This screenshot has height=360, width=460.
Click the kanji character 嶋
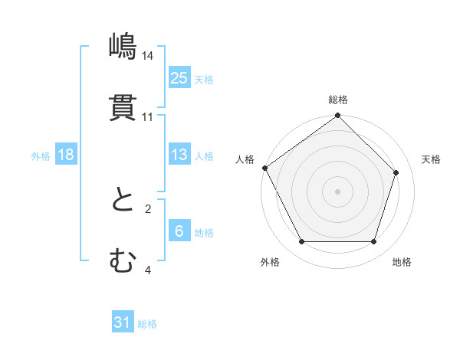click(x=123, y=47)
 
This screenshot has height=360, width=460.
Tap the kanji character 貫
click(x=123, y=108)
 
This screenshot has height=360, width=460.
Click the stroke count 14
click(x=148, y=56)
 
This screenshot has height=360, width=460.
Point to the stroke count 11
click(x=148, y=117)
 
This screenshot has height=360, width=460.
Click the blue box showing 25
click(x=179, y=77)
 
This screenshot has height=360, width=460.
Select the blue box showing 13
click(x=179, y=155)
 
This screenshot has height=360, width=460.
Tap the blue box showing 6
click(x=179, y=231)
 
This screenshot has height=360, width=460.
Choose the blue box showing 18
click(x=66, y=155)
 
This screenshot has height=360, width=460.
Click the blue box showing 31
click(x=123, y=322)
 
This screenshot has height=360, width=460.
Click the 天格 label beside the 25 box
click(x=204, y=80)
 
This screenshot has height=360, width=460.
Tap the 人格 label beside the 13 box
click(x=204, y=156)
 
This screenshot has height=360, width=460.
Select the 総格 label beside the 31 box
click(x=147, y=324)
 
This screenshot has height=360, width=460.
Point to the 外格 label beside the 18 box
click(x=41, y=156)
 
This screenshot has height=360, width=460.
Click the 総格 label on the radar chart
click(x=338, y=100)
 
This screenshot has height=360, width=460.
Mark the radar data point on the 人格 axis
click(x=264, y=168)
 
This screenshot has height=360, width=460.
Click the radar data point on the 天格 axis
click(x=396, y=172)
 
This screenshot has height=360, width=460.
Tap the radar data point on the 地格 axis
click(x=374, y=242)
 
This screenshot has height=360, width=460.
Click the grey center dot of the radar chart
click(x=338, y=191)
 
